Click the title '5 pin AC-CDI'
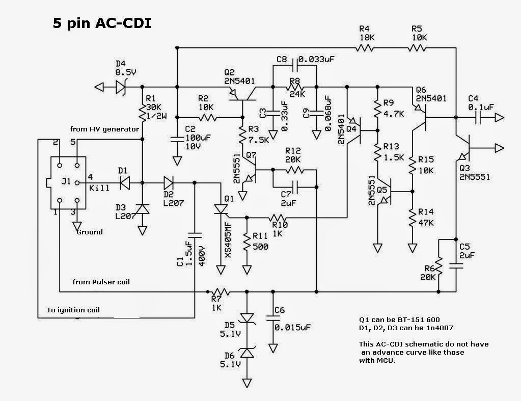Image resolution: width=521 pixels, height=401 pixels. (102, 23)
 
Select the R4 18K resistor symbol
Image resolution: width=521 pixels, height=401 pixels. (365, 48)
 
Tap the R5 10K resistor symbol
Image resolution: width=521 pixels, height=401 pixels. (416, 48)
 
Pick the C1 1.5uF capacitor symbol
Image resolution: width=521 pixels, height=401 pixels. (195, 235)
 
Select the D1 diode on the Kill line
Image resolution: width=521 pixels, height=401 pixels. (122, 182)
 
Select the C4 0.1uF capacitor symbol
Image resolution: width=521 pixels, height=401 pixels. (480, 118)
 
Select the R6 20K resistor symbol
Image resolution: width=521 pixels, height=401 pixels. (439, 268)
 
